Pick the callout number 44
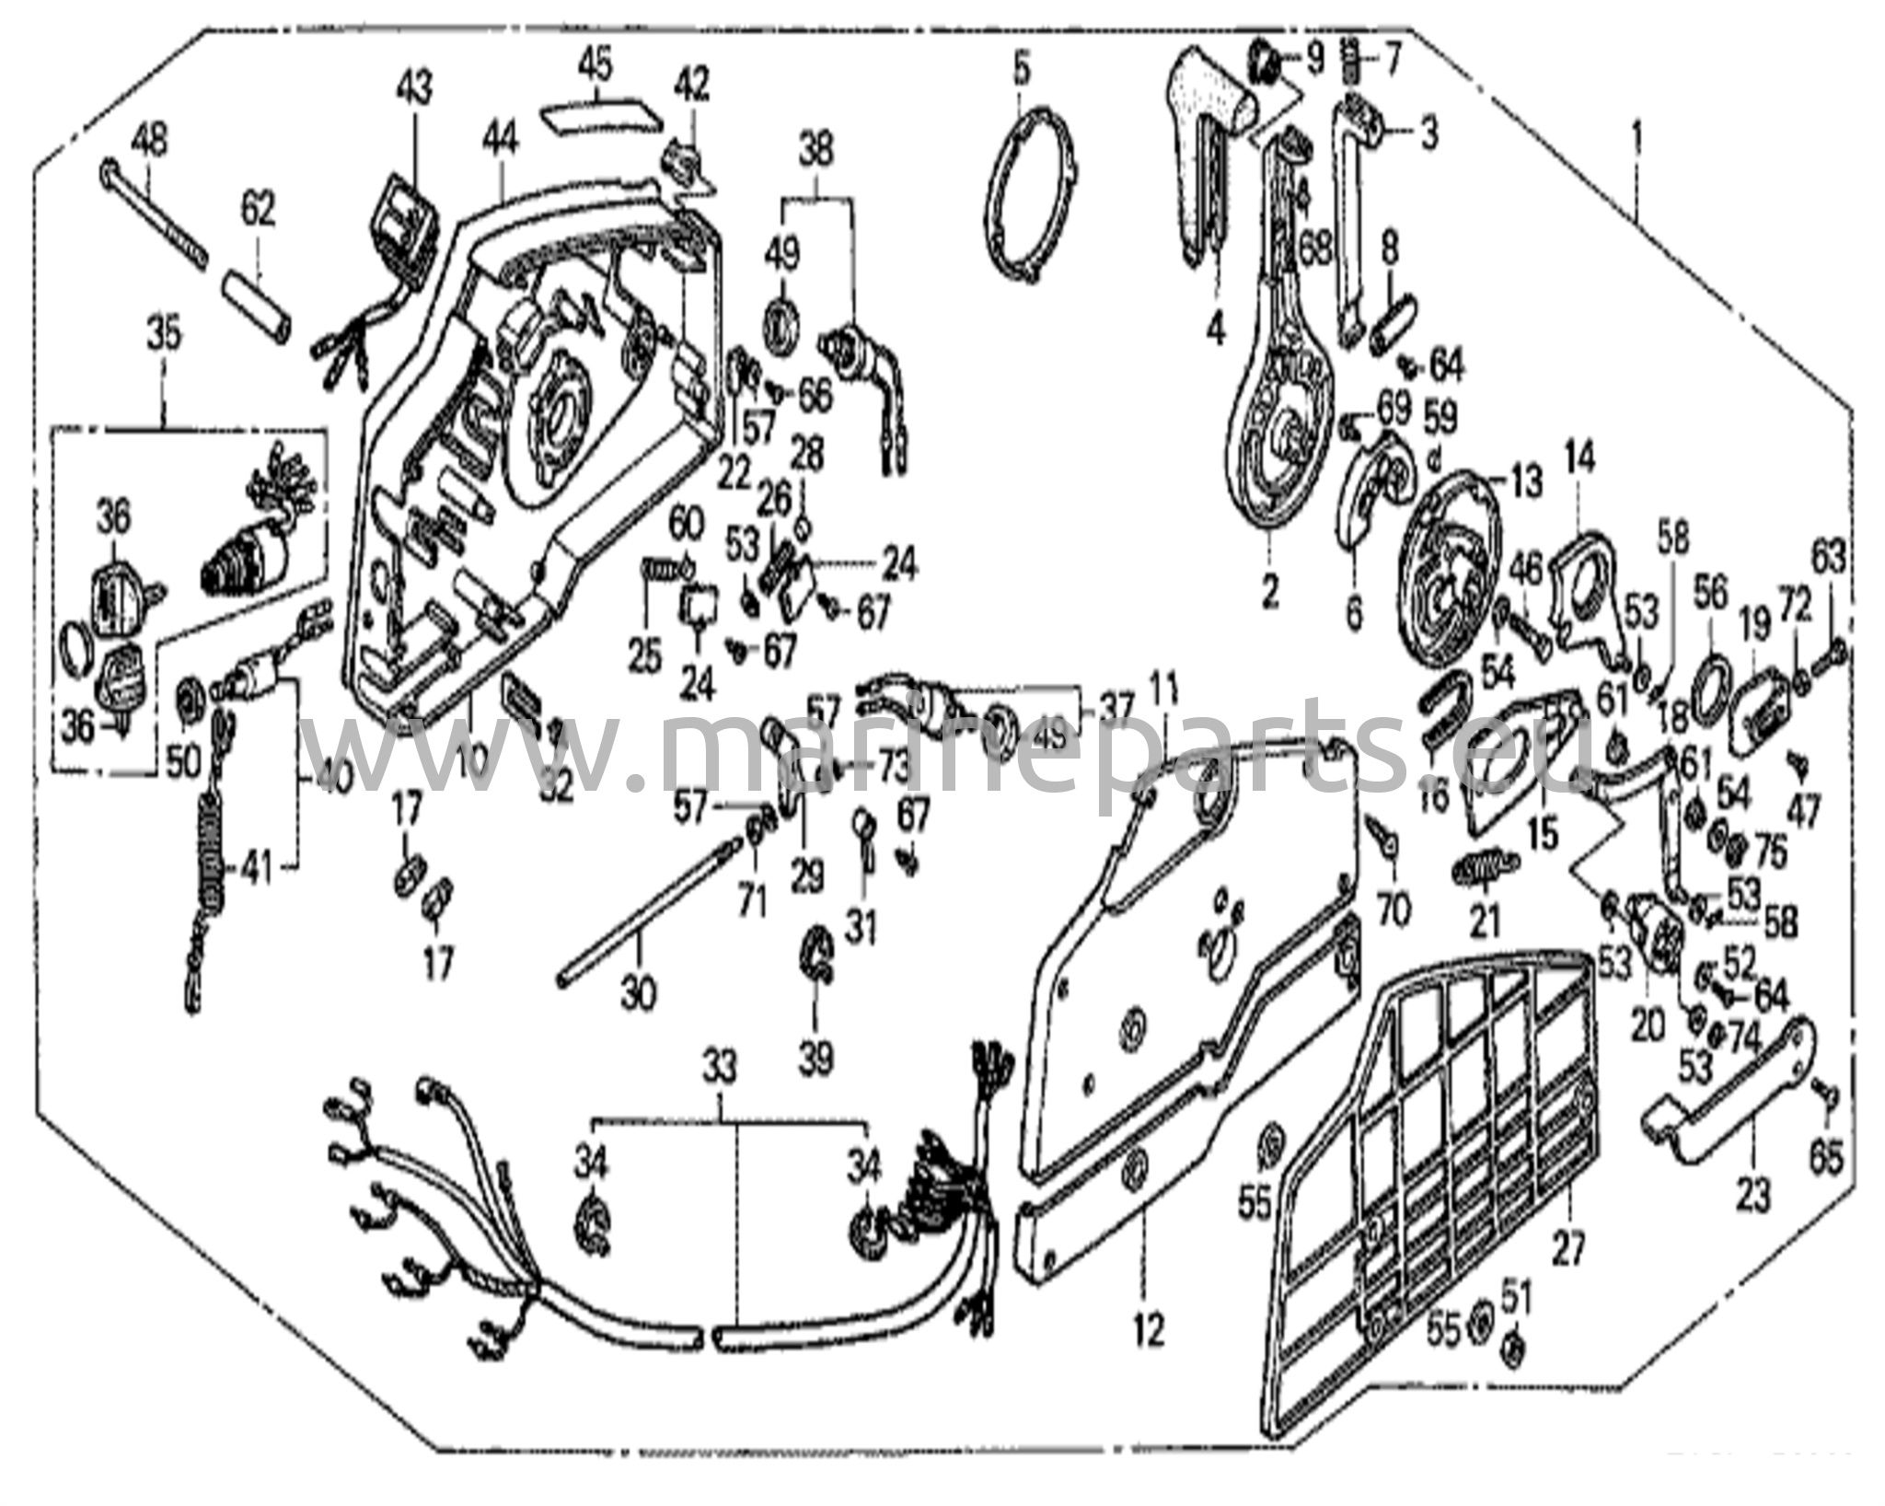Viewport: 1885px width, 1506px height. click(x=502, y=140)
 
